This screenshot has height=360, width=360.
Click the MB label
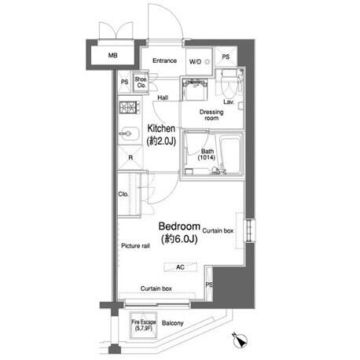pos(113,56)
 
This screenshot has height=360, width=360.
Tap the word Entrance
pos(164,61)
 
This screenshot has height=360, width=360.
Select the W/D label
pos(195,62)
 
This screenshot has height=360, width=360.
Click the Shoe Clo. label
pos(141,83)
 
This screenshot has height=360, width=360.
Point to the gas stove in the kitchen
pos(129,108)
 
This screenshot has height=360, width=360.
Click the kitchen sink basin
pos(129,134)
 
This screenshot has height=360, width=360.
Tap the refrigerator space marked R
pos(130,158)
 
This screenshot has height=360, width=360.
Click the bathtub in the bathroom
pos(231,153)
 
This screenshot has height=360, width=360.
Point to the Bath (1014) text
pos(207,154)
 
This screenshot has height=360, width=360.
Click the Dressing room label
pos(211,115)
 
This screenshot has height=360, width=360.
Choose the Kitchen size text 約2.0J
pos(161,141)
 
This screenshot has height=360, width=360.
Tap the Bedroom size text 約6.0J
pos(179,239)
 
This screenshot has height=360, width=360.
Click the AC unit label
pos(180,267)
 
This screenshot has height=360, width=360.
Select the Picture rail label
pos(135,246)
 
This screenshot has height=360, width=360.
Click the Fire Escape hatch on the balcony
pos(144,325)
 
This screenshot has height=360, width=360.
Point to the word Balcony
pos(172,323)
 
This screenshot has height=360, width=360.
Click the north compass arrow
pos(240,340)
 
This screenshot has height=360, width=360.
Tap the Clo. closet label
pos(123,194)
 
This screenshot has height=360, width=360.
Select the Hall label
pos(163,97)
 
